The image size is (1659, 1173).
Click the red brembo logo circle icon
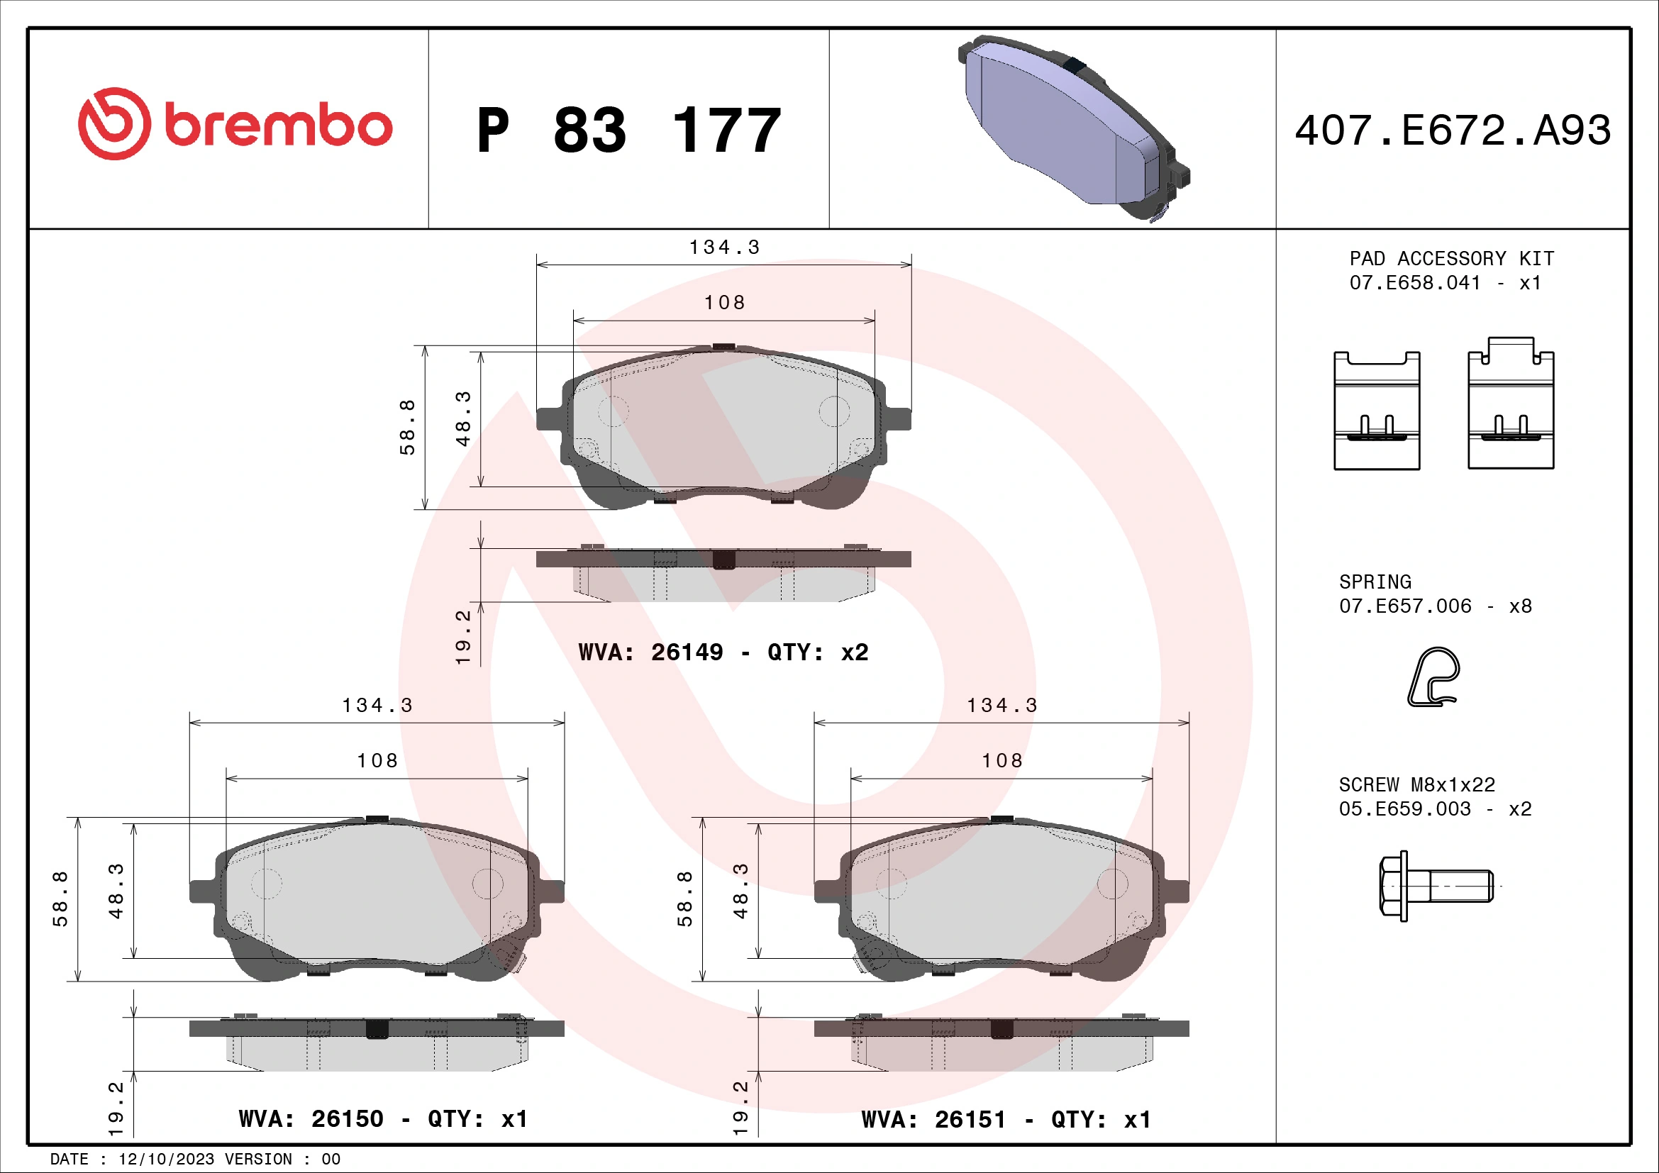[114, 123]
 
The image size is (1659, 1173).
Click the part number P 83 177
[628, 130]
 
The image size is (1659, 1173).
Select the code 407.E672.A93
[1453, 130]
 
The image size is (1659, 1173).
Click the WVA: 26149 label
[650, 652]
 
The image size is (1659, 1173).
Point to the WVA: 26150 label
[311, 1119]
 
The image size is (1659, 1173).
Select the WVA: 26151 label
[933, 1120]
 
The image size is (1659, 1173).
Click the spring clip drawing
[1433, 676]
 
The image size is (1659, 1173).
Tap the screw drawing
[1435, 886]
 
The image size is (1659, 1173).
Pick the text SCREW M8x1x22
[1416, 784]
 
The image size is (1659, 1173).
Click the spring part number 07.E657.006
[1404, 606]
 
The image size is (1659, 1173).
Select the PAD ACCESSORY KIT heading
[1451, 259]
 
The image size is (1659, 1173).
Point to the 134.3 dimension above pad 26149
[724, 248]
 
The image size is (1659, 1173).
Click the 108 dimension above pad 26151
[1001, 760]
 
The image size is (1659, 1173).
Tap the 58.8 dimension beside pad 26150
[61, 899]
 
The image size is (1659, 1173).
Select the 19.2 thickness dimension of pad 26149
[463, 636]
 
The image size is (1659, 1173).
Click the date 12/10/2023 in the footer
[166, 1160]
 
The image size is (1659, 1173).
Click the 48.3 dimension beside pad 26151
[740, 891]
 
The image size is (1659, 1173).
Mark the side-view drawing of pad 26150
[377, 1043]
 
